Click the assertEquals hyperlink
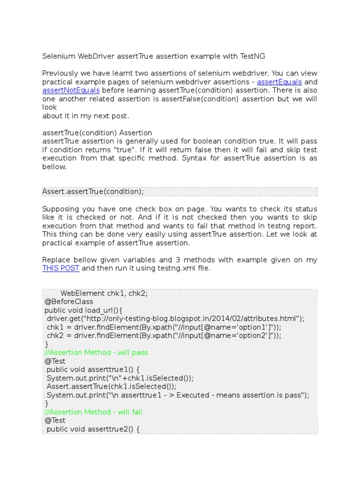coord(279,82)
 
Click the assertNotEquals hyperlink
coord(71,90)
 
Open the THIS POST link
coord(61,269)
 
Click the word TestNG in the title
coord(253,56)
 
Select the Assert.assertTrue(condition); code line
coord(93,192)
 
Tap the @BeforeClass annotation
coord(69,302)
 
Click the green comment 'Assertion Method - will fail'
coord(93,412)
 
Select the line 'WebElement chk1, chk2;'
coord(104,293)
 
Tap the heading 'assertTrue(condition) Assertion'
coord(97,133)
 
